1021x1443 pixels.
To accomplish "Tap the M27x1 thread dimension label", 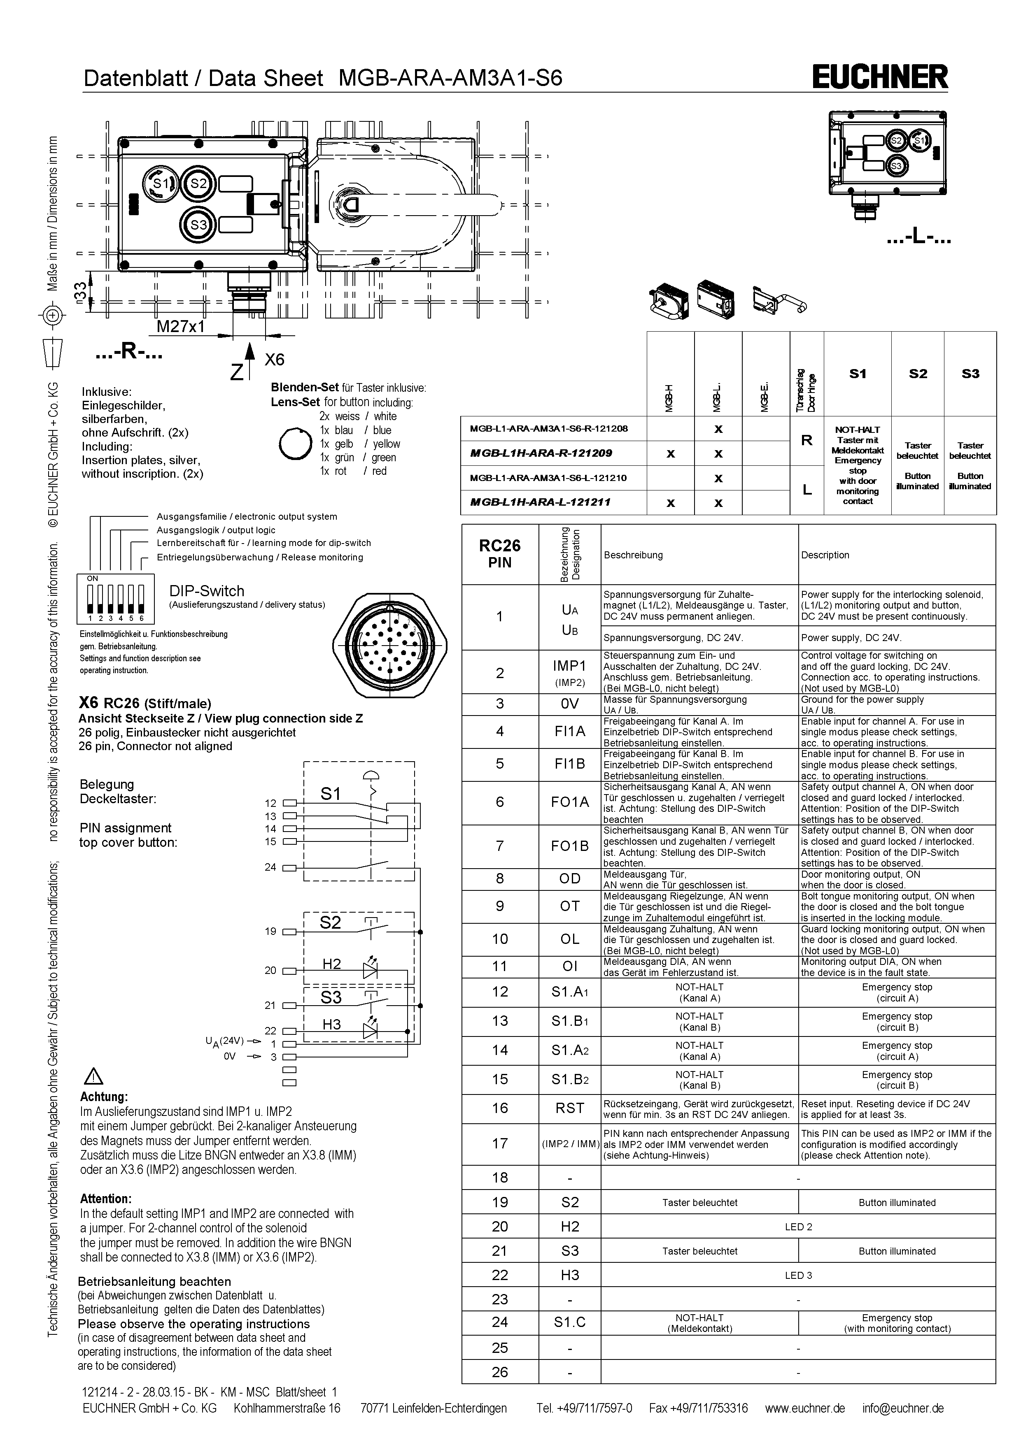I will (180, 327).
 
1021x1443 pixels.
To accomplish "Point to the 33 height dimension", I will (80, 292).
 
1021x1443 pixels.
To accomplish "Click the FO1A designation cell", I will (570, 802).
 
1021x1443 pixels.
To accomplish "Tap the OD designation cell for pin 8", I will (570, 878).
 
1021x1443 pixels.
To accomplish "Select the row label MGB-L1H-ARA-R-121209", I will (541, 453).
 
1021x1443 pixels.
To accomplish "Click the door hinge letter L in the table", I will (807, 490).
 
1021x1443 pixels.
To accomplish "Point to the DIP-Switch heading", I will (207, 591).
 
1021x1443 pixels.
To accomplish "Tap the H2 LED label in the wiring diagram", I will (331, 964).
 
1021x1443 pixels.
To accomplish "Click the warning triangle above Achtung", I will (93, 1077).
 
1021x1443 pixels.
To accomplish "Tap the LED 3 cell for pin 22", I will (798, 1275).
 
